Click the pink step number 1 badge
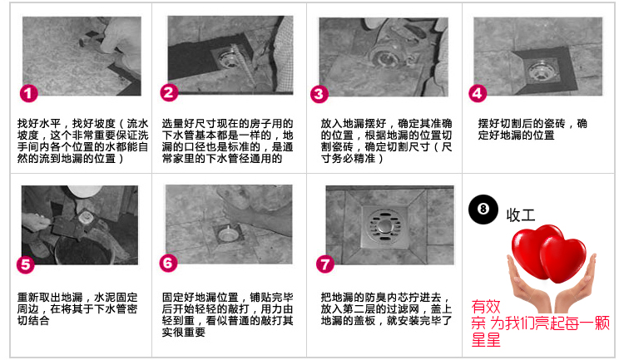[28, 93]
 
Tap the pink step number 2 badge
[169, 92]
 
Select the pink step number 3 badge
[319, 94]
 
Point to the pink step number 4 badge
[478, 93]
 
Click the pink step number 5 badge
[26, 264]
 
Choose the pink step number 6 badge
[168, 263]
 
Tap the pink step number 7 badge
[325, 264]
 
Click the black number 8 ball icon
[483, 210]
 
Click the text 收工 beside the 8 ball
[521, 215]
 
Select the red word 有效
[486, 307]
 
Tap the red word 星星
[486, 340]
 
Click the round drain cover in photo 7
[385, 226]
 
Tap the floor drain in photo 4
[540, 72]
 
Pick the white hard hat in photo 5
[83, 190]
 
